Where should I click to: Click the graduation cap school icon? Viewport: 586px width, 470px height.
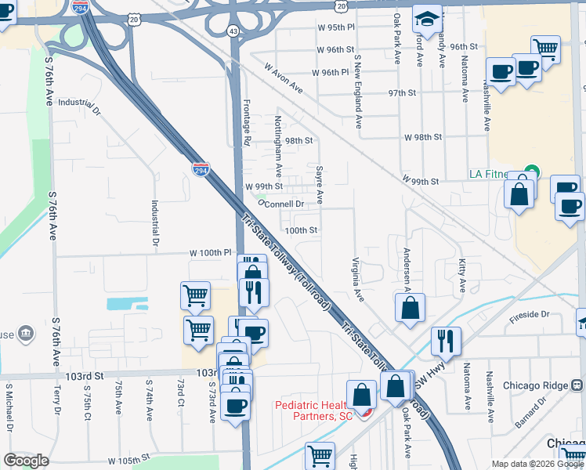click(427, 18)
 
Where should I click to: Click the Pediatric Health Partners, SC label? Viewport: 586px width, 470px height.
click(313, 410)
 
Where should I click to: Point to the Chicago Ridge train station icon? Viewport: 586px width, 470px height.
click(577, 385)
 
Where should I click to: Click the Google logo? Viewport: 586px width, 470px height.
click(27, 461)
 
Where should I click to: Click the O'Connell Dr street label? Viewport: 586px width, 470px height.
click(280, 204)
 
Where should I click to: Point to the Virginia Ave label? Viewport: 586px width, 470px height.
click(357, 280)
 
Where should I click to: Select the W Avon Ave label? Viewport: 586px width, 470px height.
click(284, 79)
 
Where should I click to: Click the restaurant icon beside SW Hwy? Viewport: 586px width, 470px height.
click(445, 341)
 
